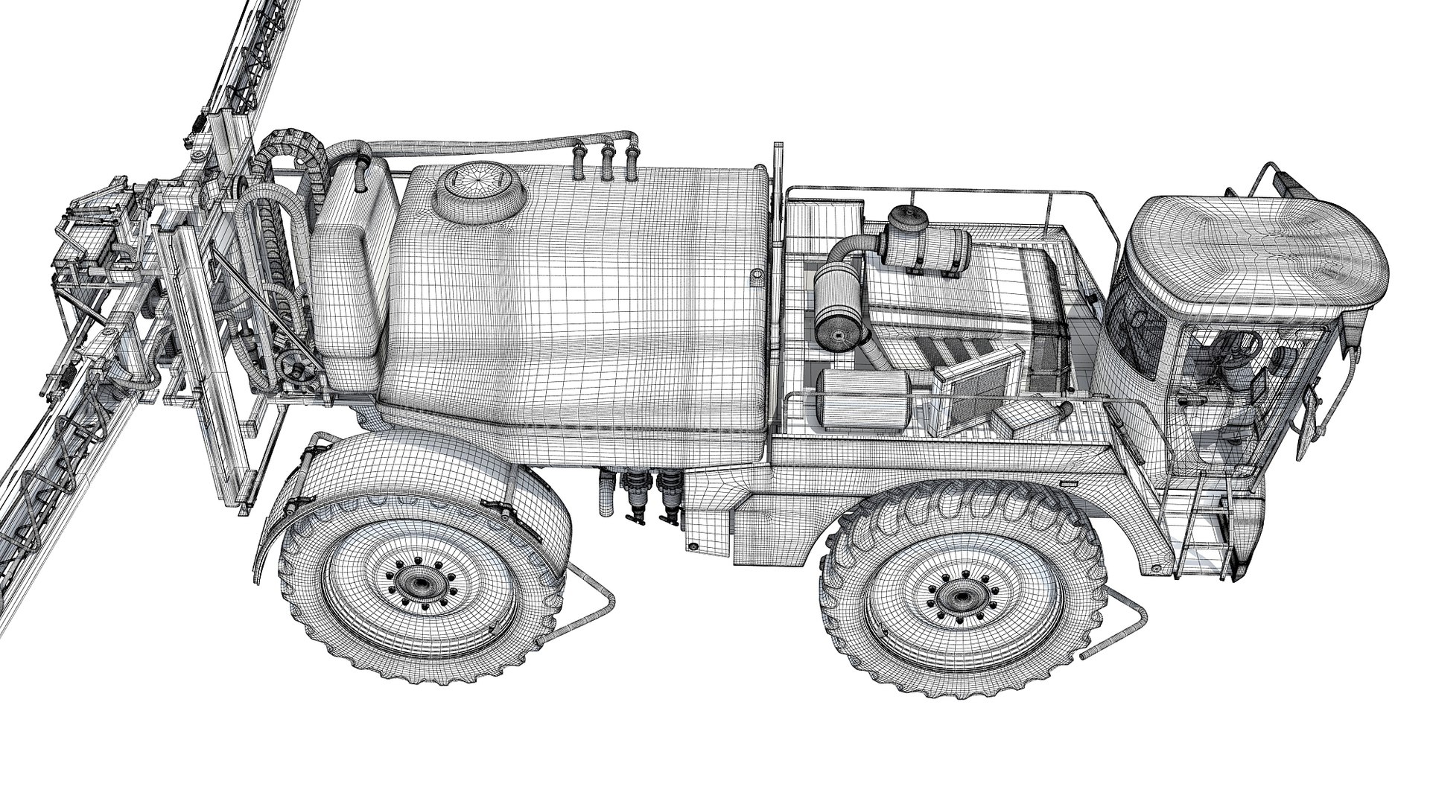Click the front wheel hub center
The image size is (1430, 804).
point(954,596)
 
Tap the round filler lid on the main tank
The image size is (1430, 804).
point(481,187)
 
